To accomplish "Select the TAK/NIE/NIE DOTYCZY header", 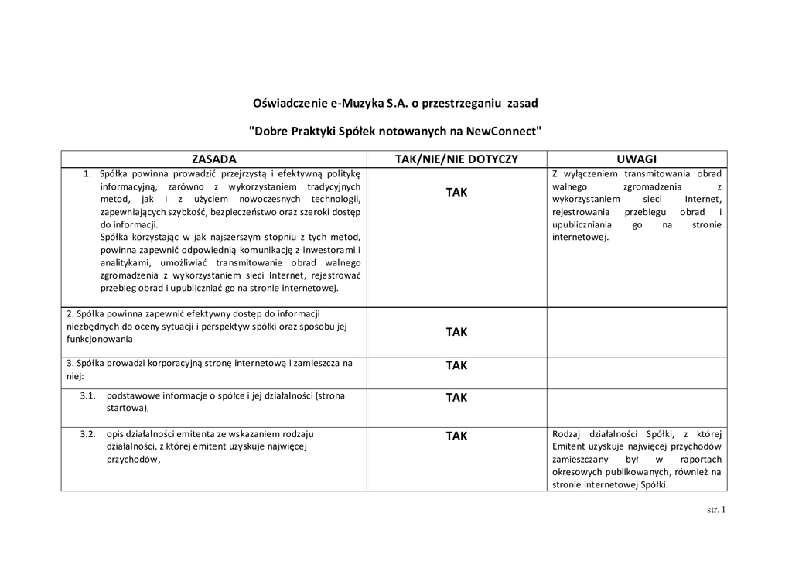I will (456, 159).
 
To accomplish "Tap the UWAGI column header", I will (637, 159).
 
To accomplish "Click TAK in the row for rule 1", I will (456, 192).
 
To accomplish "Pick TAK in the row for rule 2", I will (456, 332).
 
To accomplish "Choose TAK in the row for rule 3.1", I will (456, 398).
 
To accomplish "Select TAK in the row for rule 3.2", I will (456, 436).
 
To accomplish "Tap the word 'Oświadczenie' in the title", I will (290, 103).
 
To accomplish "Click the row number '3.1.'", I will (87, 395).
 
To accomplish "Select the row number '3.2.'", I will (87, 433).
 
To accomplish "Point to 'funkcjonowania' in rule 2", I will (100, 339).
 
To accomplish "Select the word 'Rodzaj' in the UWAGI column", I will (567, 433).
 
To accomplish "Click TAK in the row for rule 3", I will (456, 365).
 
